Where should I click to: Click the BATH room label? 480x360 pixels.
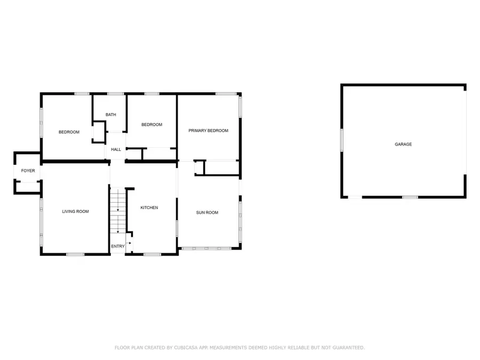point(110,115)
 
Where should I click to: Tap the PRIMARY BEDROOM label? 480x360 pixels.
point(208,131)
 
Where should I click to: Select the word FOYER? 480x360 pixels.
point(28,171)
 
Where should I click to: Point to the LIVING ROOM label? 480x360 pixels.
point(75,212)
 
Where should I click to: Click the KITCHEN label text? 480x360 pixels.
point(149,207)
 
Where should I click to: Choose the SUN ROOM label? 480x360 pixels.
point(207,213)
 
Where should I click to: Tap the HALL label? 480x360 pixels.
point(116,149)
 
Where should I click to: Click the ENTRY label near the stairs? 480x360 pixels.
point(117,246)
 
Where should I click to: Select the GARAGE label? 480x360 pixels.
point(403,145)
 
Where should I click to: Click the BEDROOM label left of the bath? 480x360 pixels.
point(69,132)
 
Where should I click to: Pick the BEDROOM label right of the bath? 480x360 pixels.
point(151,125)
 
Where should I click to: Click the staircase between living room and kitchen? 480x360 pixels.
point(117,211)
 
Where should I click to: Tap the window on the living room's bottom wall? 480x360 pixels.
point(75,254)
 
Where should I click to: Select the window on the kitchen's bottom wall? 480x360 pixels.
point(152,254)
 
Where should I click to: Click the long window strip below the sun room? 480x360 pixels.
point(205,249)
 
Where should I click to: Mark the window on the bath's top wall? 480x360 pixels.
point(112,94)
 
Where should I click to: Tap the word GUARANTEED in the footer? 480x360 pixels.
point(346,348)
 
